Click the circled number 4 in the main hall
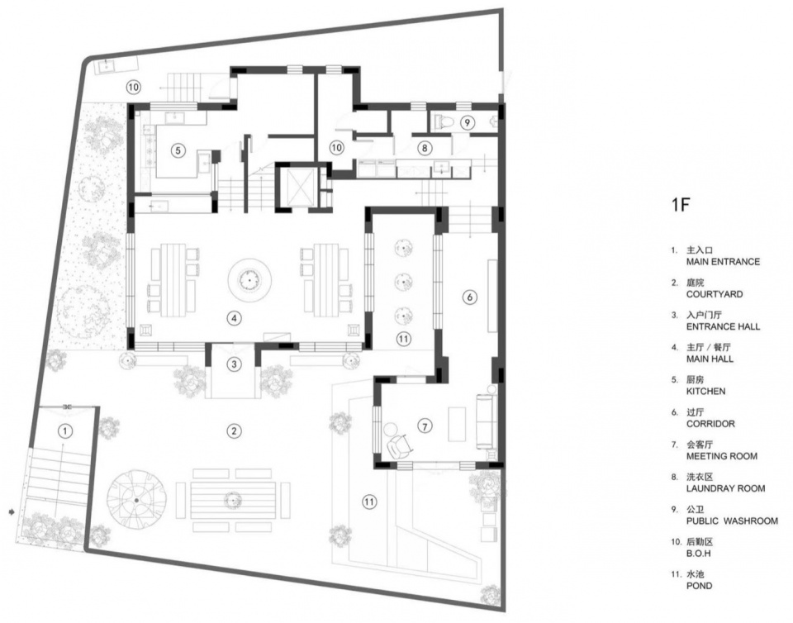point(234,318)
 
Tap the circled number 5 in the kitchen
point(177,150)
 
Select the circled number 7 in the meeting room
point(425,426)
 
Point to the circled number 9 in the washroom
point(468,122)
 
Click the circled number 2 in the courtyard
point(234,430)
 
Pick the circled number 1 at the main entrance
point(65,431)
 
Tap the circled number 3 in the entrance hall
point(234,364)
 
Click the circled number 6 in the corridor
point(470,297)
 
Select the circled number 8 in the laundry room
point(425,148)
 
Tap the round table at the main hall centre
point(249,279)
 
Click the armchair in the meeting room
point(400,445)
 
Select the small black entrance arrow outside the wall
point(11,512)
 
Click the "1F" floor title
point(681,205)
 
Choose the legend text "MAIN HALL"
point(710,359)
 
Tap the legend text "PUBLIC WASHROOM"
point(732,521)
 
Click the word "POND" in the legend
point(699,586)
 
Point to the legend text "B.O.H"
point(699,554)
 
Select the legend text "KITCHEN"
point(705,391)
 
